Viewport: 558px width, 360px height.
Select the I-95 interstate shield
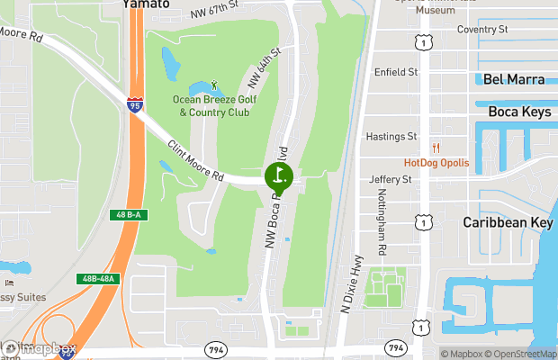[x=135, y=106]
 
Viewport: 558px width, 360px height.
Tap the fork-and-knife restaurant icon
[x=436, y=148]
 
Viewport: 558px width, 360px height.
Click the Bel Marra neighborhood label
[x=513, y=79]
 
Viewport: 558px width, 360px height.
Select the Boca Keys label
[x=517, y=112]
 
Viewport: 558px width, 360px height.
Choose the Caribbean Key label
[x=504, y=221]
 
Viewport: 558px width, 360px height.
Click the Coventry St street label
[x=482, y=30]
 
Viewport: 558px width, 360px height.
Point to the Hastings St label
[x=391, y=137]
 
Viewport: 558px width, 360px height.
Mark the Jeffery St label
[x=390, y=180]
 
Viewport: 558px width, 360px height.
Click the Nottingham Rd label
[x=382, y=234]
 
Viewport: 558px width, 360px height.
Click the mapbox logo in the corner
[x=40, y=348]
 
